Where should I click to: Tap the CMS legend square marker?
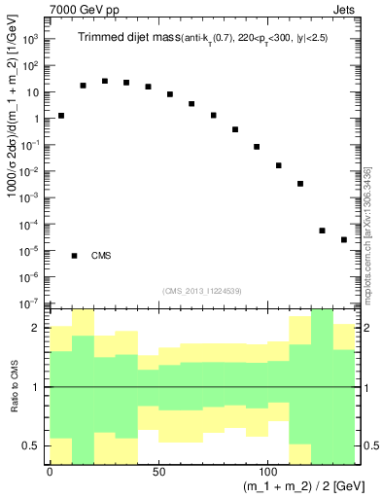(75, 256)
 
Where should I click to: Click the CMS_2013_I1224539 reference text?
(202, 290)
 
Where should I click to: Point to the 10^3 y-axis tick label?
(30, 40)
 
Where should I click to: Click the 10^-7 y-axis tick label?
(30, 304)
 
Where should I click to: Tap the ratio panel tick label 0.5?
(30, 445)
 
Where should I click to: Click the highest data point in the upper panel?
(105, 81)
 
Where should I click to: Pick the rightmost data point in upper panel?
(344, 239)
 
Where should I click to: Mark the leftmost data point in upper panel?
(61, 115)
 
